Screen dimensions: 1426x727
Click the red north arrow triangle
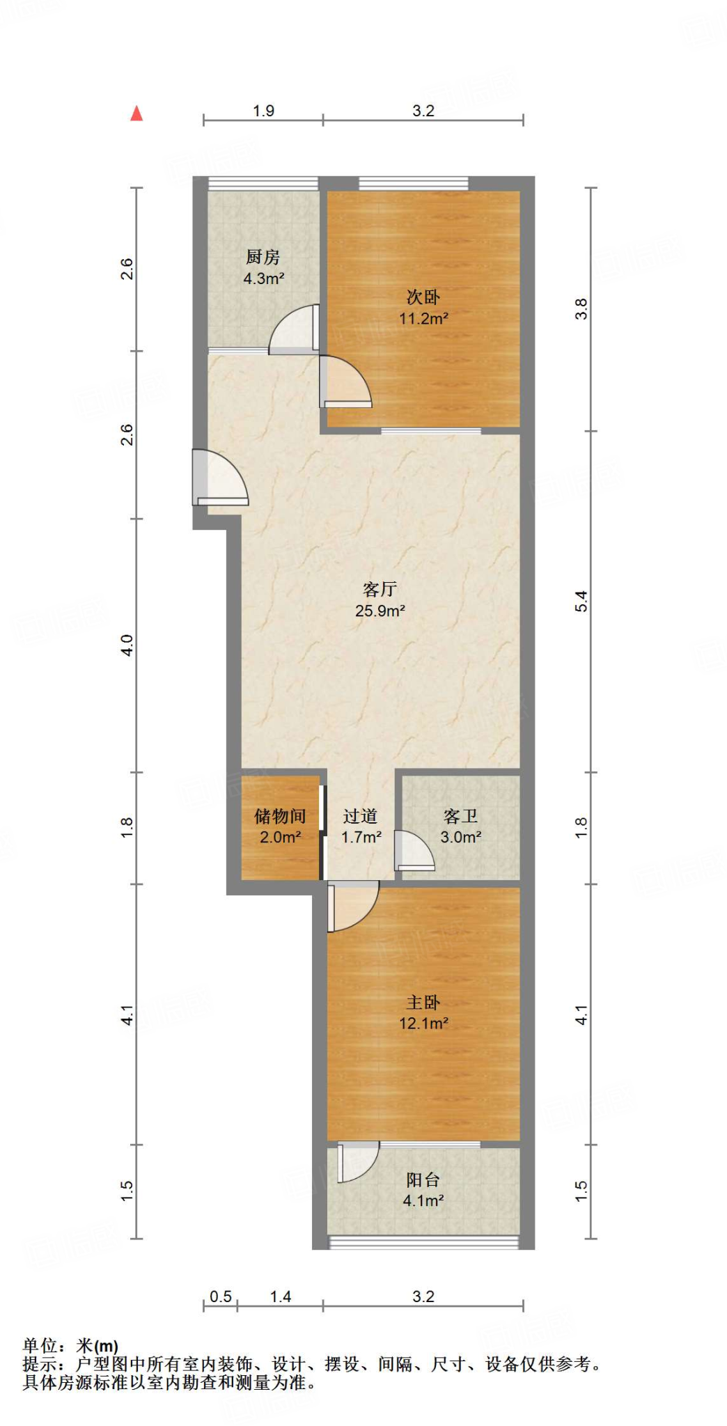click(x=136, y=113)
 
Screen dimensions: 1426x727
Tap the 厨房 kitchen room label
click(x=263, y=257)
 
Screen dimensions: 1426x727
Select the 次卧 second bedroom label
click(x=423, y=297)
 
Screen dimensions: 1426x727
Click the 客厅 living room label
click(x=380, y=590)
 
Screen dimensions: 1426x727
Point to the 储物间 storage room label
click(x=280, y=816)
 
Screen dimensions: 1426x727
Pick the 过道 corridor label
click(x=361, y=816)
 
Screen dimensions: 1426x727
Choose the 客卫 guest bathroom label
click(x=460, y=816)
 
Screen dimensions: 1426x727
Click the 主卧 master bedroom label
click(x=423, y=1003)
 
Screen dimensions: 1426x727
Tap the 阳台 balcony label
click(x=423, y=1180)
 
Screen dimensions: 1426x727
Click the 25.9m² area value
click(x=380, y=611)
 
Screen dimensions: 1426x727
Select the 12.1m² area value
click(x=423, y=1024)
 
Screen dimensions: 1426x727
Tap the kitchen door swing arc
click(x=292, y=329)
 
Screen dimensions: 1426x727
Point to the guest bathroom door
click(x=414, y=851)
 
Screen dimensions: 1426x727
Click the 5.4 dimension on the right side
click(x=581, y=601)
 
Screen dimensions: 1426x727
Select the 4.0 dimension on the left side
click(x=127, y=645)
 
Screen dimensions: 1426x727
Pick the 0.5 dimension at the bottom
click(x=221, y=1296)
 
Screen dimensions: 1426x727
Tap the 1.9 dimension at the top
click(x=263, y=111)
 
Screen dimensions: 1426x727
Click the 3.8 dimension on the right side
click(x=581, y=308)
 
